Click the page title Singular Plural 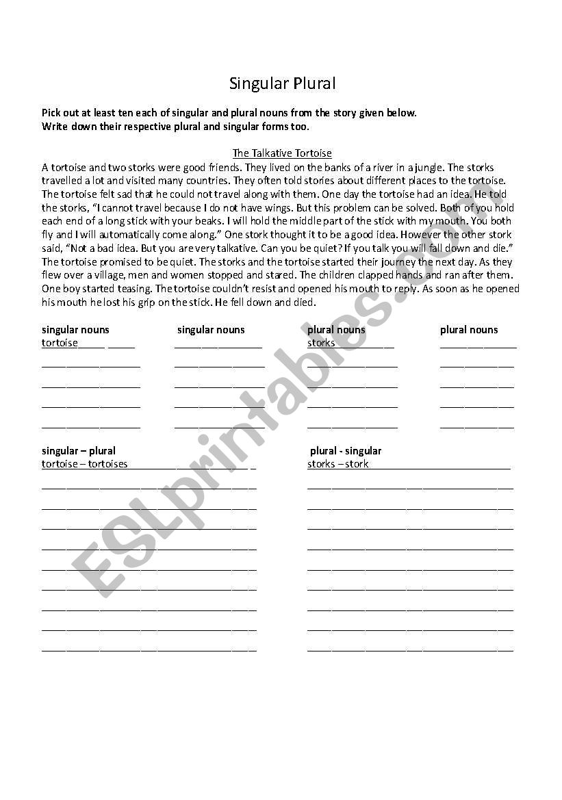282,83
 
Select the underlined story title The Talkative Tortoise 282,153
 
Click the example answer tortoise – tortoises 84,463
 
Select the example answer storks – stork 337,463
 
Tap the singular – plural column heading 78,450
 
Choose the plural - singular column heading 346,450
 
